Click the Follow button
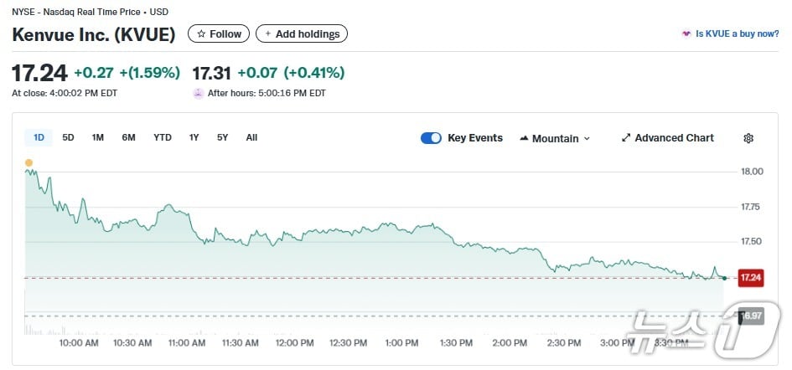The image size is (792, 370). pos(219,34)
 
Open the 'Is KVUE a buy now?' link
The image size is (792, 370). pos(731,34)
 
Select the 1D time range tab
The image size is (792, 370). pos(39,137)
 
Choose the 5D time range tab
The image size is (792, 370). pos(69,137)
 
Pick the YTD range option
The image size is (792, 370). pos(163,137)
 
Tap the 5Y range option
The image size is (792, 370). pos(222,137)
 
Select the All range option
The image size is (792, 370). pos(251,137)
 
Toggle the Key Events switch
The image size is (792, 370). pos(431,138)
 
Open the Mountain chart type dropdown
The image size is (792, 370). pos(555,138)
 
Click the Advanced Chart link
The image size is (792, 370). pos(668,138)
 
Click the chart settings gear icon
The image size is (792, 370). pos(748,138)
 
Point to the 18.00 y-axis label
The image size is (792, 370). pos(752,172)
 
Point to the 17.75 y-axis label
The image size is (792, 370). pos(752,207)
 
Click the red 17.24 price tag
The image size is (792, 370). pos(750,278)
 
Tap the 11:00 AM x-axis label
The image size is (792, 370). pos(186,343)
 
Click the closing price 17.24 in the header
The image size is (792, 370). pos(39,73)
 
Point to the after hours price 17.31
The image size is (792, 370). pos(211,73)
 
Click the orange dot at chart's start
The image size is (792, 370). pos(28,162)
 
